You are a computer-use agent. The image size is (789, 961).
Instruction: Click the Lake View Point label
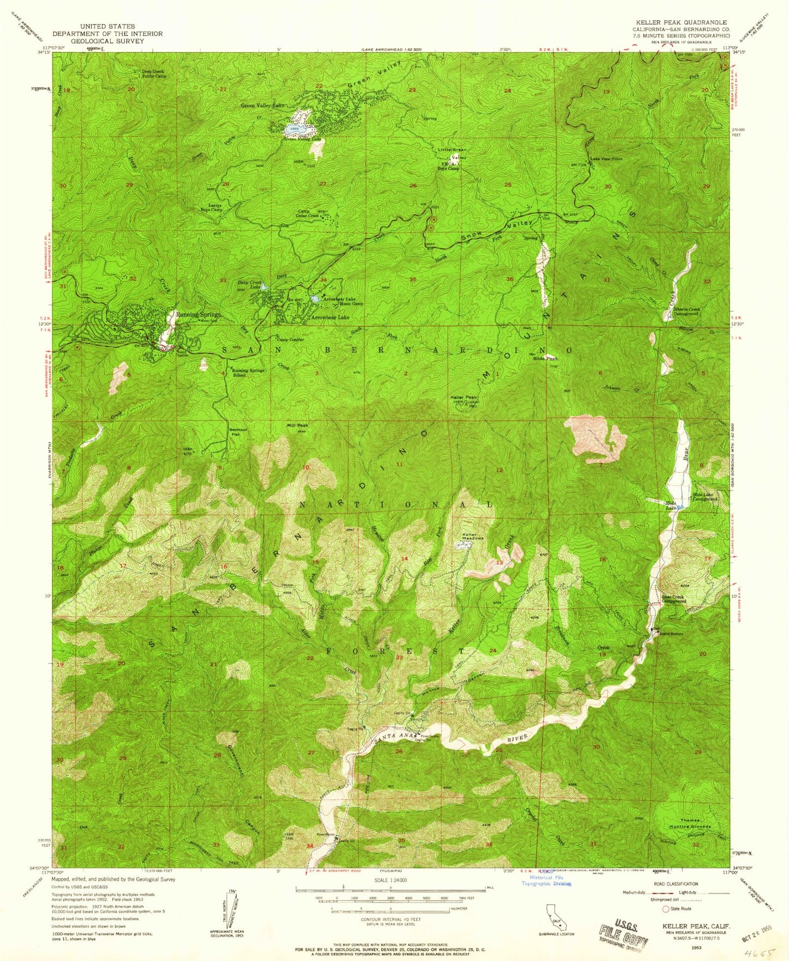point(606,159)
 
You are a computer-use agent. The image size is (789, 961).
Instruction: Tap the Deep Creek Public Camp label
point(155,74)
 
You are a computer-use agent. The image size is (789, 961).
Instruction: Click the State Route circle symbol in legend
point(665,909)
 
